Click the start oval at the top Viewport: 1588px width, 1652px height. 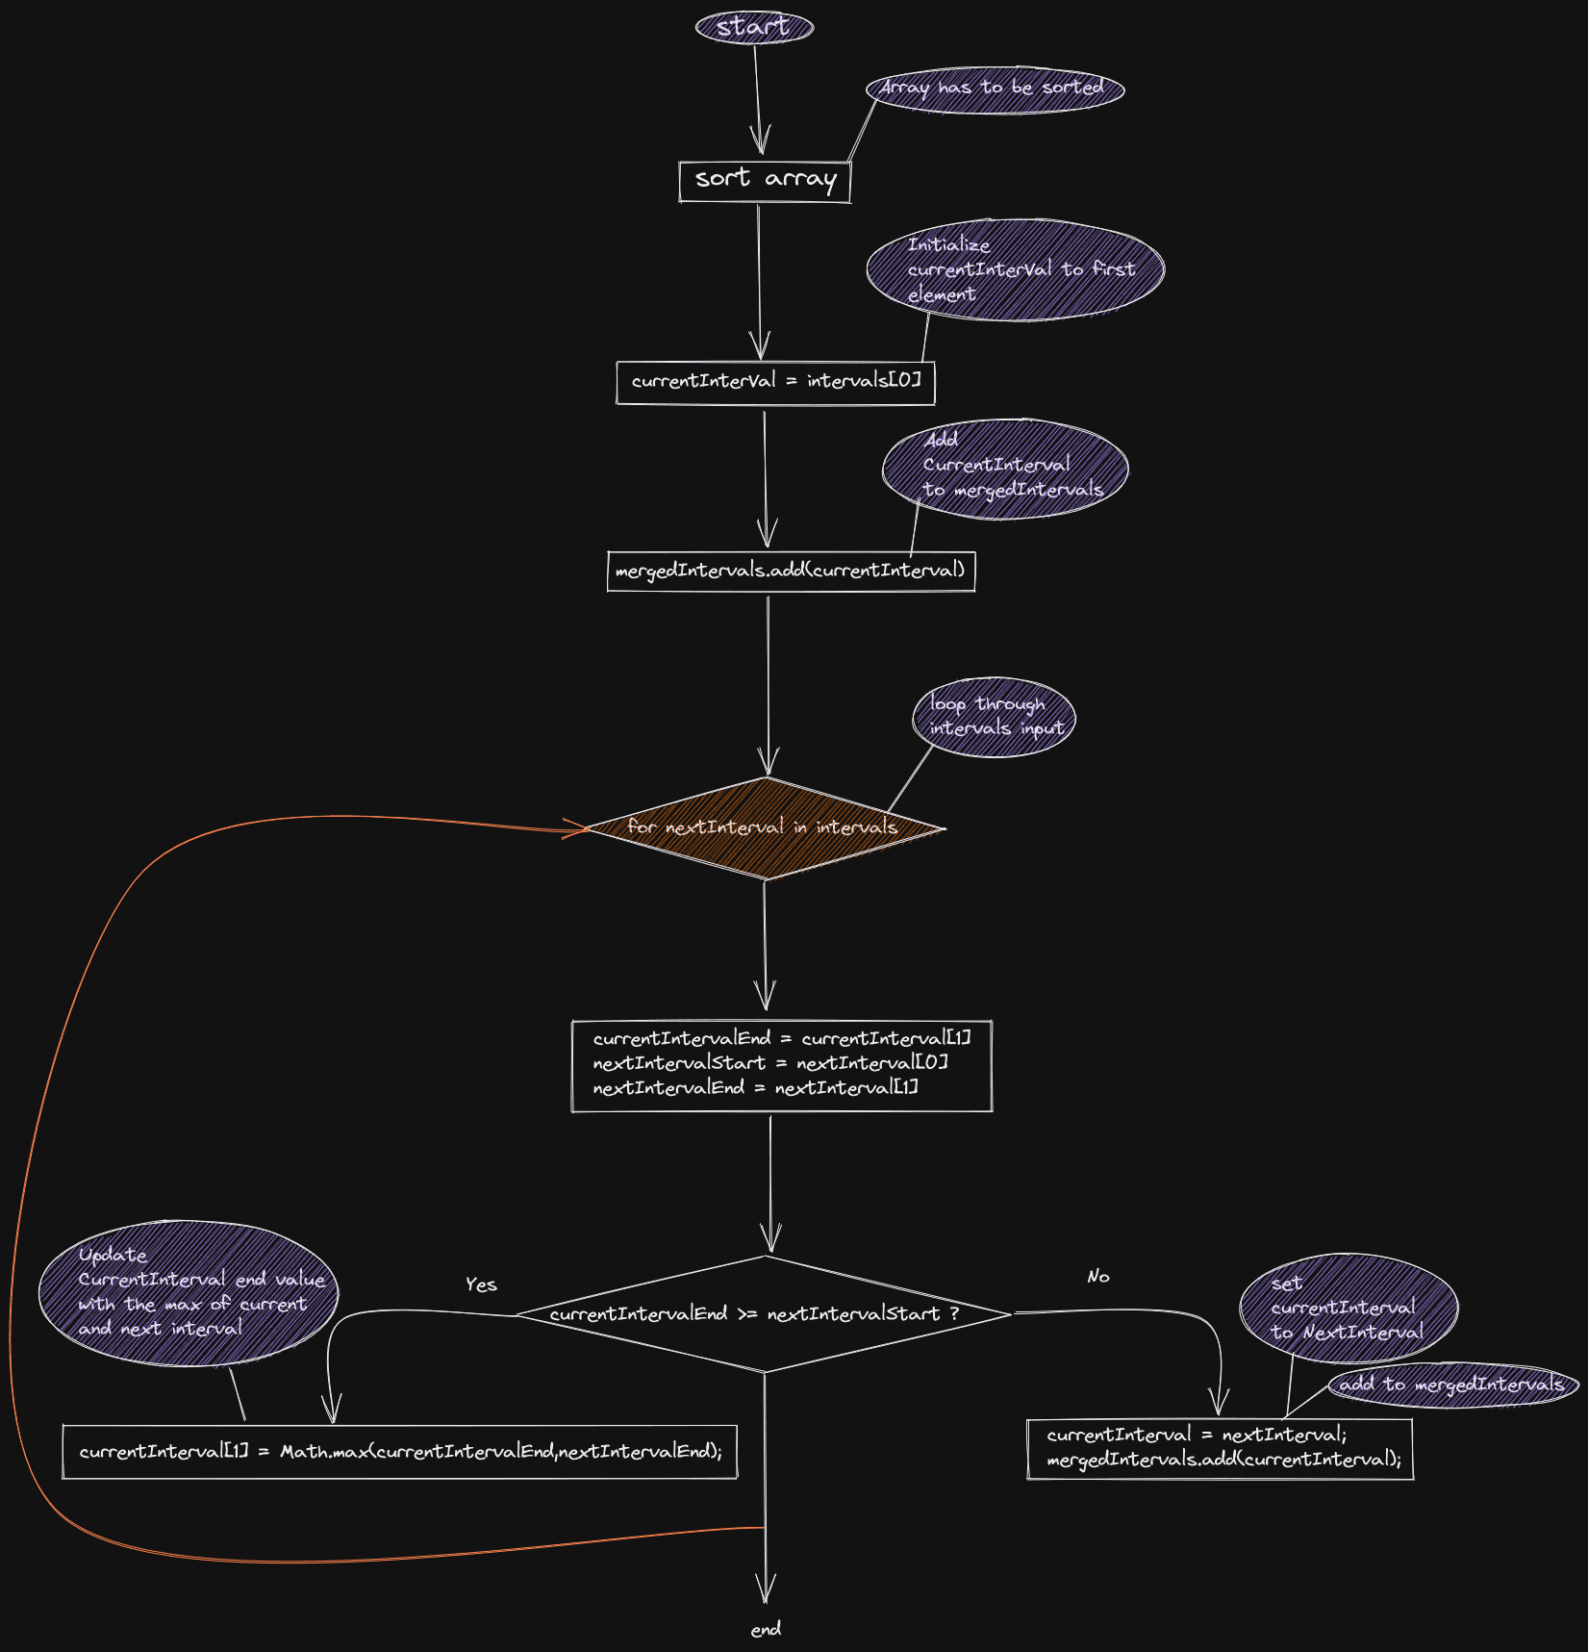[754, 27]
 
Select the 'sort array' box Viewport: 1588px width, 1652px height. [765, 181]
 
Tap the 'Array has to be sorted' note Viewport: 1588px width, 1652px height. [995, 89]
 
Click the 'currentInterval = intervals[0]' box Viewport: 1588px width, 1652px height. [774, 382]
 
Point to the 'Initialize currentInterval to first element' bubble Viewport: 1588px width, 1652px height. [1015, 269]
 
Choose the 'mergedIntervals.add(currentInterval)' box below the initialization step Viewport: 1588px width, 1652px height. [791, 571]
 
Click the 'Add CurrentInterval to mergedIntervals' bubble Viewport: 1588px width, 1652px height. [1005, 469]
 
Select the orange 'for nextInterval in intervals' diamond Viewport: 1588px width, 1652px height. [765, 827]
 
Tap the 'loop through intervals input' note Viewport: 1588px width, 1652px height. [994, 717]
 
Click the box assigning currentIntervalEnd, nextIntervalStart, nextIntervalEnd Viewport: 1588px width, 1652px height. [781, 1065]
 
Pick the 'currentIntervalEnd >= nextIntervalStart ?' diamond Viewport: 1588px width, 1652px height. [764, 1313]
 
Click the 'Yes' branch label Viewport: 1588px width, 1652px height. [481, 1284]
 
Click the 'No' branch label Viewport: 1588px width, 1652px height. [1097, 1277]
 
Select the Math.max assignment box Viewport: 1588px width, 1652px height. [399, 1451]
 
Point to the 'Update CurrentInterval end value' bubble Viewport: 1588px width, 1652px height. [189, 1292]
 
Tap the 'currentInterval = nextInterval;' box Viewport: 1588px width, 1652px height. [1220, 1448]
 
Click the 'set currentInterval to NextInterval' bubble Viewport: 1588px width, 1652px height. [1349, 1308]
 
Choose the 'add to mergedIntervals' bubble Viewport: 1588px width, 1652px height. [1452, 1385]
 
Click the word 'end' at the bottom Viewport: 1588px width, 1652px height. [766, 1629]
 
